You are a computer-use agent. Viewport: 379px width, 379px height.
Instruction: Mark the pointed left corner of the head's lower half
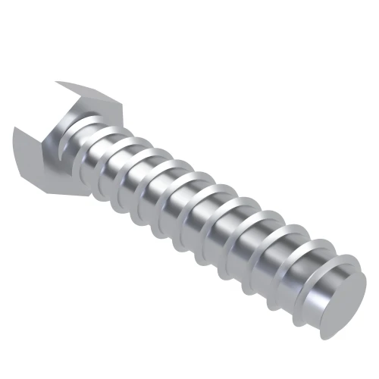coord(14,129)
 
